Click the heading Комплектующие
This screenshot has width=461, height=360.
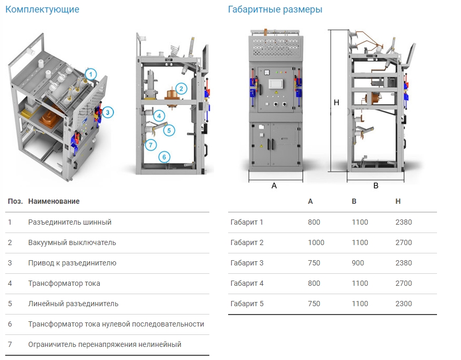(x=42, y=9)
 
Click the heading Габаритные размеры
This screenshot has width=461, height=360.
(x=275, y=9)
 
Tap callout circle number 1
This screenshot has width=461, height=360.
(x=91, y=74)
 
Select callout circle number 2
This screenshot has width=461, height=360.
(x=181, y=88)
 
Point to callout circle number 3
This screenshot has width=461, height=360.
(x=108, y=112)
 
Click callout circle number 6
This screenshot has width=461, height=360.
(x=164, y=157)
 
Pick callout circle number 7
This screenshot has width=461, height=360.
(x=151, y=145)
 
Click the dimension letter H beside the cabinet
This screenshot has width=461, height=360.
(x=337, y=102)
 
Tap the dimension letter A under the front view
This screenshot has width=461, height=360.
(x=274, y=185)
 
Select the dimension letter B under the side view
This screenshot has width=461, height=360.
(x=376, y=185)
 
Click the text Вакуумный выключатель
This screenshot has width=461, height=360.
(x=72, y=242)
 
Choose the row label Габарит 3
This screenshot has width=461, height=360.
(x=247, y=263)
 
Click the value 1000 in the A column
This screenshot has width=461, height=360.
(x=316, y=242)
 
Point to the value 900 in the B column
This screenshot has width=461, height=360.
(x=358, y=263)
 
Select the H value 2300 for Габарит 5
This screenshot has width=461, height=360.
(x=404, y=304)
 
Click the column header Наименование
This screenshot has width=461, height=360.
(x=54, y=201)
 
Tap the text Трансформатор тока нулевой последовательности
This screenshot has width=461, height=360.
(x=116, y=324)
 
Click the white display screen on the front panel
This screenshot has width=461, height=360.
(x=276, y=84)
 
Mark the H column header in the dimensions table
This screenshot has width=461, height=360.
(x=398, y=201)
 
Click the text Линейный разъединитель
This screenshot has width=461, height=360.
(x=73, y=304)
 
